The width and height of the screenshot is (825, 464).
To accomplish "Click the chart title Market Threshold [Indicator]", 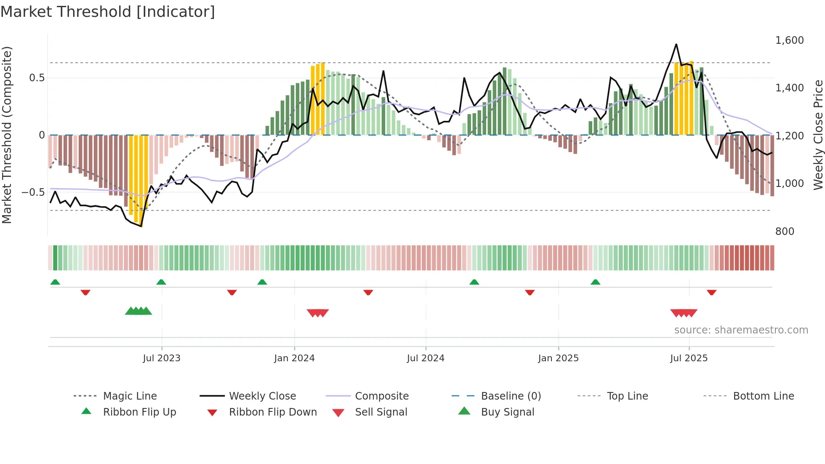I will point(108,12).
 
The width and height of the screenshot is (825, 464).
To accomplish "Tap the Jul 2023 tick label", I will point(162,358).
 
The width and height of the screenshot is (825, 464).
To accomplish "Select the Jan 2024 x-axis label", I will point(294,358).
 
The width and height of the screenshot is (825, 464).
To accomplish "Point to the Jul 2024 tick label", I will point(426,358).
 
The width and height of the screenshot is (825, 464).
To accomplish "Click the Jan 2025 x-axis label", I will point(558,358).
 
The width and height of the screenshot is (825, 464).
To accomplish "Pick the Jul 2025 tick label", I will point(689,358).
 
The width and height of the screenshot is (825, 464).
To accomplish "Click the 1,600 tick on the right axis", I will point(789,40).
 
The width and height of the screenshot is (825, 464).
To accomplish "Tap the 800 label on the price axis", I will point(785,232).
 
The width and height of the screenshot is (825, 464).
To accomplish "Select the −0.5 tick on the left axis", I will point(33,192).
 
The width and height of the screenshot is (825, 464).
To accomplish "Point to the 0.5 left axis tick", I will point(37,78).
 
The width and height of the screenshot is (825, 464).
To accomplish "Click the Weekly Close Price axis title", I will point(818,135).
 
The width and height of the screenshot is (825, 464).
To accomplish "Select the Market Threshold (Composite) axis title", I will point(7,135).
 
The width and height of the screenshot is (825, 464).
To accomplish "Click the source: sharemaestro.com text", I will point(741,330).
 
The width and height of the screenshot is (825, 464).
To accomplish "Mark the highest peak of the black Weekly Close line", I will point(676,44).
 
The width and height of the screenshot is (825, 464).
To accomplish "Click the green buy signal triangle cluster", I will point(138,311).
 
